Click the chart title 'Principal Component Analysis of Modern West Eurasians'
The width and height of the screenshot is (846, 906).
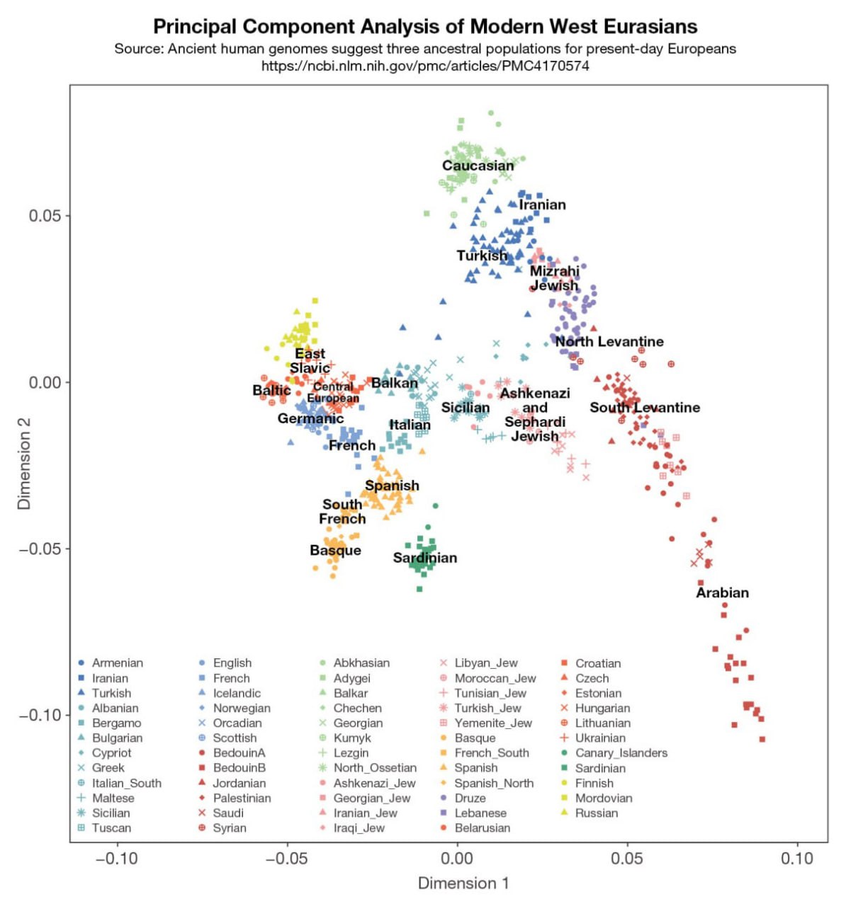425,27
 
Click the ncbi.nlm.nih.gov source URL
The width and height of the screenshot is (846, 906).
425,66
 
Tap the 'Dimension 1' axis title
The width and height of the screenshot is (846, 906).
463,883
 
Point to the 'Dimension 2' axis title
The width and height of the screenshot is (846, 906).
24,464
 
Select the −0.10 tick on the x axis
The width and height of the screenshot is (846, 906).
116,859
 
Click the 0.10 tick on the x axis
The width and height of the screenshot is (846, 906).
797,859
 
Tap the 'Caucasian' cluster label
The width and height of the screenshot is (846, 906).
478,166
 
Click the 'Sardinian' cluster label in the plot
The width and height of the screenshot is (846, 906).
425,558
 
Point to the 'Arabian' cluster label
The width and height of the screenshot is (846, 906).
722,593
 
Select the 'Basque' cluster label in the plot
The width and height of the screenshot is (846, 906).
335,551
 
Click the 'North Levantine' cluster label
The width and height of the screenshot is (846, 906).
609,342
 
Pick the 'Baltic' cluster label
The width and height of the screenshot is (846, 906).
271,390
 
